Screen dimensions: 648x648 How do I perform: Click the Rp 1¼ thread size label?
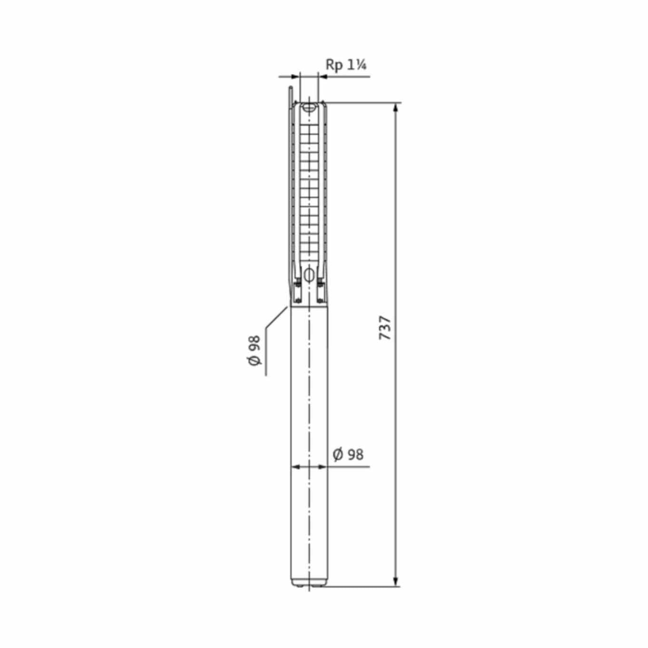(x=346, y=65)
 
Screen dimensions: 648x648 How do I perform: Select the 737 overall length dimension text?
(x=385, y=327)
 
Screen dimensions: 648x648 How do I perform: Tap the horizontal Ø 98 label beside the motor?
(x=348, y=455)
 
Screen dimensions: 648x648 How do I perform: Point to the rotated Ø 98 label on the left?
(x=254, y=350)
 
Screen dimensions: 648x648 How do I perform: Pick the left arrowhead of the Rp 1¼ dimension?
(x=295, y=77)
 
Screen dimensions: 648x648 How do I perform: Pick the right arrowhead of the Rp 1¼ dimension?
(x=323, y=77)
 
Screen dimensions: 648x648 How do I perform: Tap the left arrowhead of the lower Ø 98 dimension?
(x=295, y=467)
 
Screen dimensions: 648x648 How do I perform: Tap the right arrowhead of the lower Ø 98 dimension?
(x=322, y=467)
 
